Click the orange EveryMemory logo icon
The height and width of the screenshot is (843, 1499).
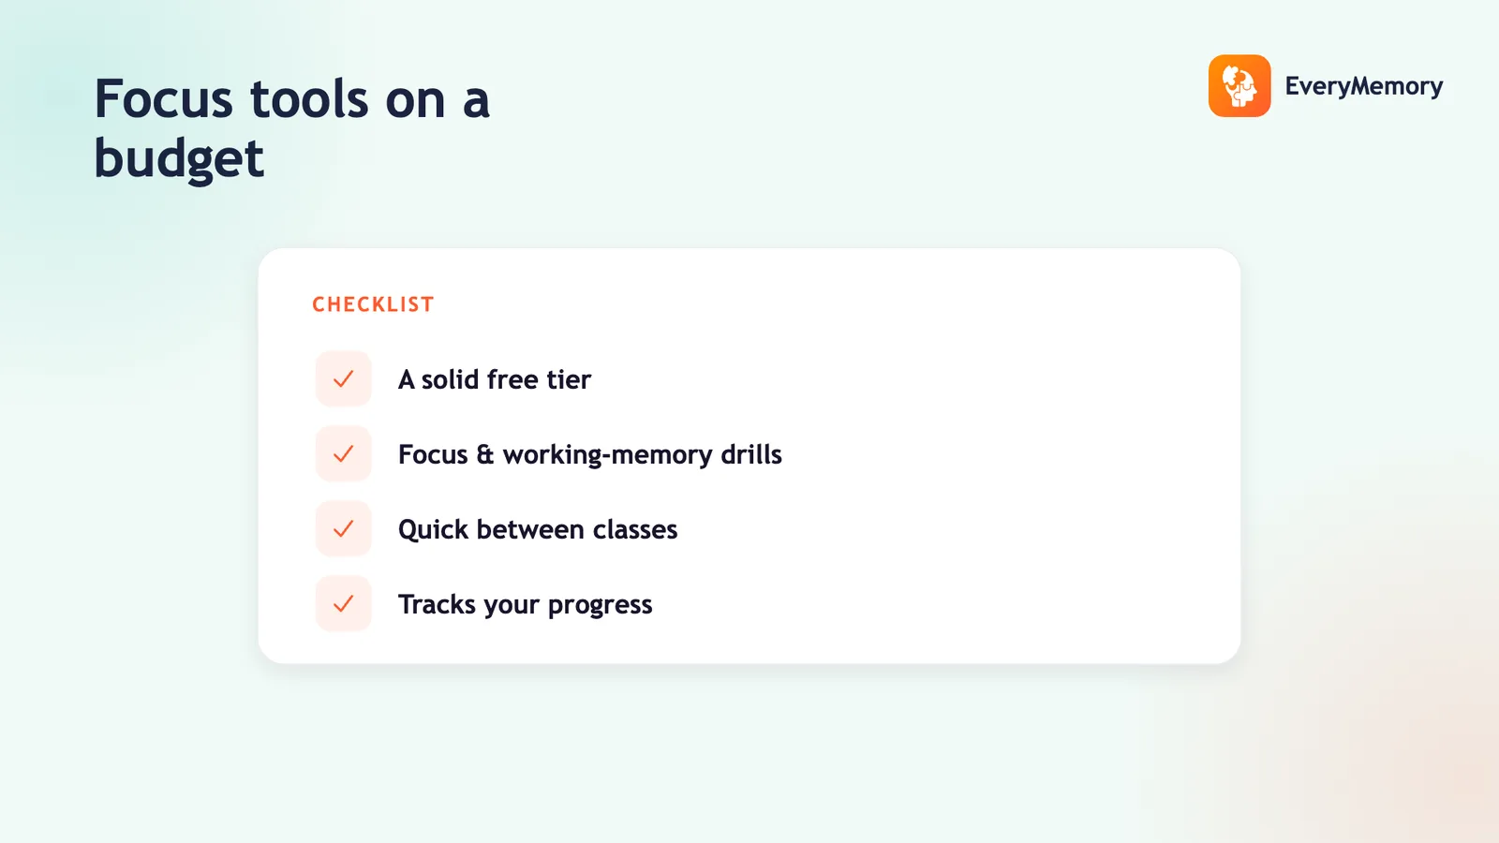(x=1239, y=85)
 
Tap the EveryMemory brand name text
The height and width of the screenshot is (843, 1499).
(x=1364, y=86)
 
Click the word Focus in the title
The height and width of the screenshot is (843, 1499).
(x=163, y=99)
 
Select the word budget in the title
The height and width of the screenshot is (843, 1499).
(x=179, y=159)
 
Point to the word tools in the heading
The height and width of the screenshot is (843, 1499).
(x=309, y=99)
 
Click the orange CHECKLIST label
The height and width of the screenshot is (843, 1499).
(x=374, y=304)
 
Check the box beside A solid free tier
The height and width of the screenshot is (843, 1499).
(x=343, y=378)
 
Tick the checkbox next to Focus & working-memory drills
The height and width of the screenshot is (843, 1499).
(x=343, y=453)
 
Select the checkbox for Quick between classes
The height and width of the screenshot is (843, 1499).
(x=343, y=528)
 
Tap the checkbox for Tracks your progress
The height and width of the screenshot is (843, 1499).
(x=343, y=603)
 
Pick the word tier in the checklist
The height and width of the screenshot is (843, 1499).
(x=570, y=379)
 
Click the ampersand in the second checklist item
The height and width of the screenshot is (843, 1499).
(x=485, y=454)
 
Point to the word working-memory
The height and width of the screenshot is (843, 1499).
(x=608, y=455)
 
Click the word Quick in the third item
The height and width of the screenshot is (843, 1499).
(x=433, y=529)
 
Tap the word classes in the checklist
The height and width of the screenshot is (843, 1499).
(x=635, y=529)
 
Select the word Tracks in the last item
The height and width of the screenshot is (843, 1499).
(x=437, y=604)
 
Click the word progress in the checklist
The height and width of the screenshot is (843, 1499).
(x=600, y=605)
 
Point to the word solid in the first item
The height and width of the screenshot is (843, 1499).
(x=450, y=379)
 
